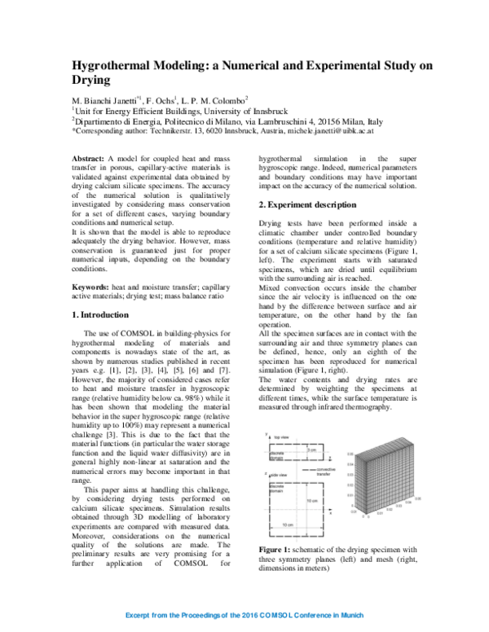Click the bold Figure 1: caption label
(279, 503)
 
